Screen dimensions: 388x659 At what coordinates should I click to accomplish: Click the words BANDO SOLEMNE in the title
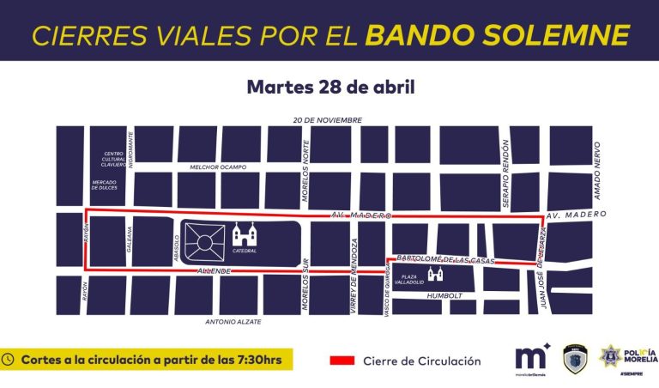pos(497,35)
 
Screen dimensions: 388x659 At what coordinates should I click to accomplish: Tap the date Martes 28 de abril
pos(329,88)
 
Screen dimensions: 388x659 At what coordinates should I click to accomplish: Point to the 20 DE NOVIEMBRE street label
pos(326,120)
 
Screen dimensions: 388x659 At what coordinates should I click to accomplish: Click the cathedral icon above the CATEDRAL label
pos(244,233)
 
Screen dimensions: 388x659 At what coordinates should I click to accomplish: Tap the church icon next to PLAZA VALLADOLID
pos(435,274)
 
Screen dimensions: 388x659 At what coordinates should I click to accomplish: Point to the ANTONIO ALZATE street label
pos(233,322)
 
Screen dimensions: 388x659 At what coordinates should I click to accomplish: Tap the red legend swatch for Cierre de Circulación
pos(342,361)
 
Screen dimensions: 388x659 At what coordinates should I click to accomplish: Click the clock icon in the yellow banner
pos(9,361)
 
